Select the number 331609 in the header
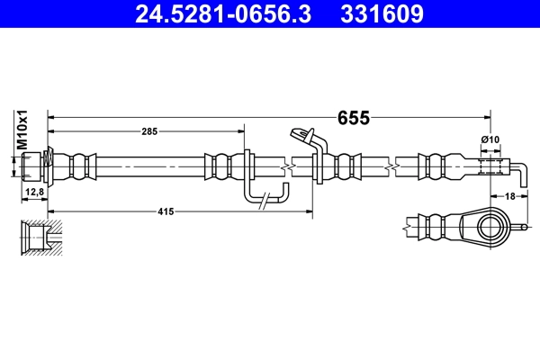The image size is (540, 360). click(381, 15)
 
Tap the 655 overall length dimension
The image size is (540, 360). click(353, 117)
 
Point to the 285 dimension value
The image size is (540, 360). click(149, 131)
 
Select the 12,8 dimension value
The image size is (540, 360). click(34, 193)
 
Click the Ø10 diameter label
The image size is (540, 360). click(490, 139)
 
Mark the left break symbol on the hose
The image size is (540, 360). click(286, 166)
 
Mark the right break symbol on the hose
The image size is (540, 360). click(393, 166)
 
